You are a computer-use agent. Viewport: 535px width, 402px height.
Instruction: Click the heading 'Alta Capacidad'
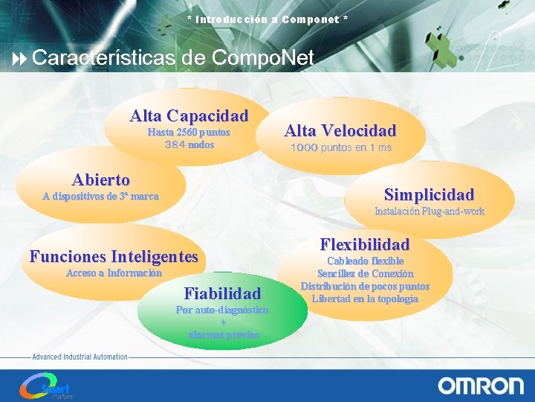(x=189, y=116)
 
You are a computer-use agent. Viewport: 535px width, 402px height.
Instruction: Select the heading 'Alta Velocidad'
(x=340, y=131)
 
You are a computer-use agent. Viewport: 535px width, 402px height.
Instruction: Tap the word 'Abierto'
(x=100, y=179)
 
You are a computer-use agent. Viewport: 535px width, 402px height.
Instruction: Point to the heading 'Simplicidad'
(x=429, y=195)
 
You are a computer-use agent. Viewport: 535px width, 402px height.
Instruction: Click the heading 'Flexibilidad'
(x=364, y=244)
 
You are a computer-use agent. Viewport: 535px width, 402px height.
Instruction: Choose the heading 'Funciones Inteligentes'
(x=114, y=257)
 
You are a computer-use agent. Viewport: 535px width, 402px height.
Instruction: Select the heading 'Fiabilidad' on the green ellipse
(x=222, y=293)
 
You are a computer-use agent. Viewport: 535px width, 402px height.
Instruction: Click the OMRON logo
(x=480, y=386)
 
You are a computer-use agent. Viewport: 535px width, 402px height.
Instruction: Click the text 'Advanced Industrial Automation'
(x=80, y=357)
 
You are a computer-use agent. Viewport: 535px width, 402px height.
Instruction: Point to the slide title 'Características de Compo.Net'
(x=173, y=57)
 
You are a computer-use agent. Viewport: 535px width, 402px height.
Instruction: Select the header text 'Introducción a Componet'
(x=267, y=19)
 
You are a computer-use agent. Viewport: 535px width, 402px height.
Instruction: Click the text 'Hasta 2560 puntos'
(x=189, y=133)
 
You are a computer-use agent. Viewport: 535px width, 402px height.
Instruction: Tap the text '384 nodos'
(x=189, y=144)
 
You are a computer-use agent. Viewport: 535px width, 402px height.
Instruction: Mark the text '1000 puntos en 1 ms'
(x=340, y=148)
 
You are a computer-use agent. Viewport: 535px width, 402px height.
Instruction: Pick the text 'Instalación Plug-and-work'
(x=429, y=211)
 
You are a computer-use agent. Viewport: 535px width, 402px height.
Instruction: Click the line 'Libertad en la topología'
(x=364, y=299)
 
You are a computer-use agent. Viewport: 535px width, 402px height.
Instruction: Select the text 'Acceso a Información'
(x=114, y=273)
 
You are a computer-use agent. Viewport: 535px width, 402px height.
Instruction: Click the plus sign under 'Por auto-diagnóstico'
(x=223, y=322)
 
